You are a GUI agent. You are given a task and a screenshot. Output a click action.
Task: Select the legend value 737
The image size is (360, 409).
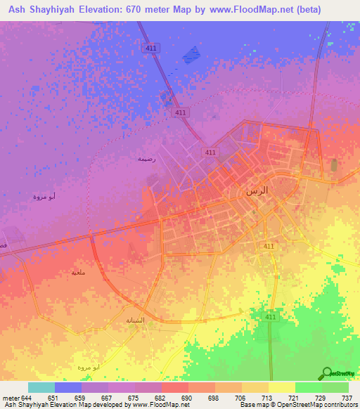(347, 398)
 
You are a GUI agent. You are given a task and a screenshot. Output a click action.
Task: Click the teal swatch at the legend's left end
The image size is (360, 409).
(41, 387)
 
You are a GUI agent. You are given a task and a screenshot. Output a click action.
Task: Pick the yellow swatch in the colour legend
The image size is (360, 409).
(281, 387)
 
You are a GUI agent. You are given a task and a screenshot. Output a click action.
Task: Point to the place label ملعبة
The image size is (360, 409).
(79, 272)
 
